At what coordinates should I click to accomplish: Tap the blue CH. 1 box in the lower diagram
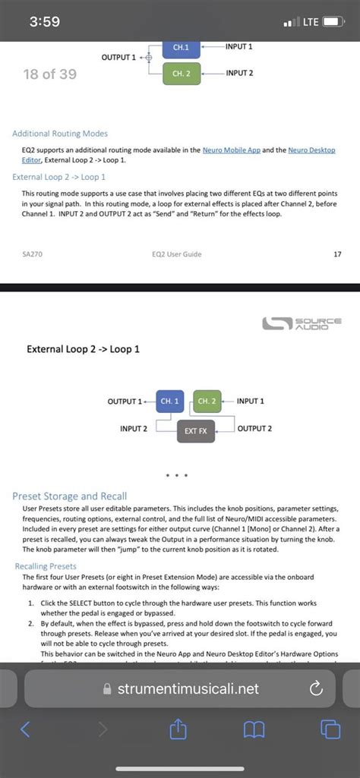169,401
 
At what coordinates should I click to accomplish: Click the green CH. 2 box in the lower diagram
207,401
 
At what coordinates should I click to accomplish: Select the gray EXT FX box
195,431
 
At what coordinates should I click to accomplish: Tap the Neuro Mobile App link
231,150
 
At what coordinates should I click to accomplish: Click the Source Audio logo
301,323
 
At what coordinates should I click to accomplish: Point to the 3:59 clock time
45,22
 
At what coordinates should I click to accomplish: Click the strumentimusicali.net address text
188,688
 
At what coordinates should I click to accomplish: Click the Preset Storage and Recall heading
69,496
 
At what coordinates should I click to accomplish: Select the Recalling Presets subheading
46,566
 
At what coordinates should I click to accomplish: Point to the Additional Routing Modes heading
60,134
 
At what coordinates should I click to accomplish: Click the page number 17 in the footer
337,254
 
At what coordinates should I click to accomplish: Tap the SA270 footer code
32,254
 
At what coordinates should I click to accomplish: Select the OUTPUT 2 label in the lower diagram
254,429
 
